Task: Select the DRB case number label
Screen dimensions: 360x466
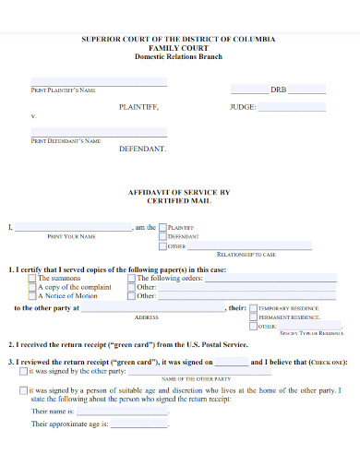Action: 279,90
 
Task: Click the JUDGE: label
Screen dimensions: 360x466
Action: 242,107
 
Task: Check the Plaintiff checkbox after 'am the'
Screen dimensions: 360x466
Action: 163,227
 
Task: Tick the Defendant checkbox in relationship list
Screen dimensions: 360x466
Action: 163,237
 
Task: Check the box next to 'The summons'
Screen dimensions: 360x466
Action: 32,278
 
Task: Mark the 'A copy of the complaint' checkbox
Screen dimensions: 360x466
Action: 32,287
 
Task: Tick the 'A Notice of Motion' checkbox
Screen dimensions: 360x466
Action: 32,296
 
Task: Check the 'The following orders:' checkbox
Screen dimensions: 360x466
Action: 131,278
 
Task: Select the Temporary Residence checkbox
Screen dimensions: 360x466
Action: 254,308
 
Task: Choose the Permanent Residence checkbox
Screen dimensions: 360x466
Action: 254,317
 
